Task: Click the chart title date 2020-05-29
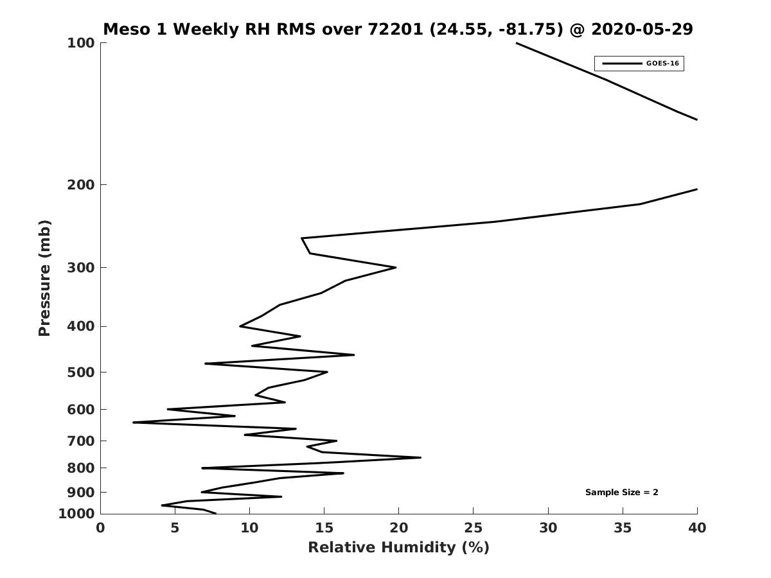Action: [642, 30]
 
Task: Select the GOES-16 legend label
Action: [662, 64]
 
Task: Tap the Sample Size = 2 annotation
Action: [621, 493]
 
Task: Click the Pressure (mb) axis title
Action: [44, 277]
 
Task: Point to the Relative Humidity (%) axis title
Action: [398, 548]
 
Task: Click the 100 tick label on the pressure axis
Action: [81, 43]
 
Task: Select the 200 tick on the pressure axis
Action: [81, 185]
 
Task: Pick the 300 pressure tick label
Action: [81, 268]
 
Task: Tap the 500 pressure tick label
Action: [81, 372]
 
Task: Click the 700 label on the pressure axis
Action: [81, 441]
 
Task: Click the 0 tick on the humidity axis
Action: [101, 528]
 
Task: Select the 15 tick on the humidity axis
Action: [324, 528]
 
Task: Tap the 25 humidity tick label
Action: [473, 528]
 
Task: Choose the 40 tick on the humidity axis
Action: [696, 528]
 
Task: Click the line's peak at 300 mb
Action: [396, 267]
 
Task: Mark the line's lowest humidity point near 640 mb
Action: [134, 422]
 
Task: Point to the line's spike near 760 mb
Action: [421, 457]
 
